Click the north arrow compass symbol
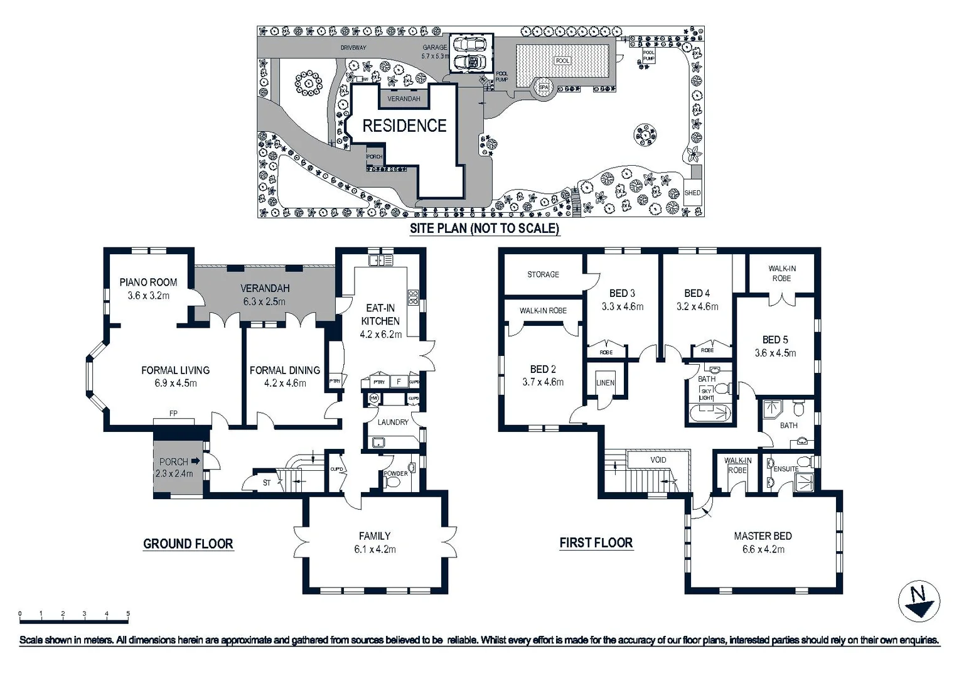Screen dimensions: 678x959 (x=919, y=601)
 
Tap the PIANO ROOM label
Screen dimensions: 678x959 (x=148, y=282)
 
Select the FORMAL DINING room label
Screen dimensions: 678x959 (x=284, y=370)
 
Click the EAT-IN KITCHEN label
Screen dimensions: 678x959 (x=380, y=315)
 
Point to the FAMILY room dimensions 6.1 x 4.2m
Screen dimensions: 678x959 (x=375, y=549)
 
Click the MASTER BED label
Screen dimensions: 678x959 (x=763, y=536)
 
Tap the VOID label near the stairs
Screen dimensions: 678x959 (x=658, y=460)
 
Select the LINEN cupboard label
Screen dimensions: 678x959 (x=605, y=383)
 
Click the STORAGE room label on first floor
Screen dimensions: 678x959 (x=543, y=275)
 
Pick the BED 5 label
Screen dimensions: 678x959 (x=775, y=340)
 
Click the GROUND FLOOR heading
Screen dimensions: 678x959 (x=188, y=544)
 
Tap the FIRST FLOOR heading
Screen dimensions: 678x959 (x=596, y=543)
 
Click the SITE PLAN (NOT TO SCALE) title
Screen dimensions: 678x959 (x=484, y=229)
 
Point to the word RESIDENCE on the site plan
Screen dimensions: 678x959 (x=404, y=126)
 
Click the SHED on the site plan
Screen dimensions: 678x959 (x=692, y=193)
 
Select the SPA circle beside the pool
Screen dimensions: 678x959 (x=543, y=88)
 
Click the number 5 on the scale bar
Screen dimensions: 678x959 (x=128, y=614)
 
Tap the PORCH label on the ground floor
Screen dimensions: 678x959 (x=173, y=462)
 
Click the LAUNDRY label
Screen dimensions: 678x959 (x=393, y=422)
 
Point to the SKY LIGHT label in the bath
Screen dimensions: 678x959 (x=706, y=394)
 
